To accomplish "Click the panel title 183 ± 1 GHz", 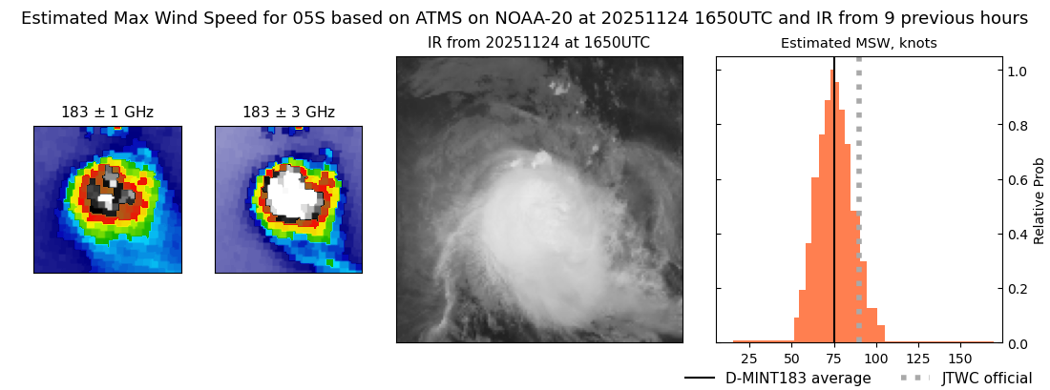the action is click(108, 113).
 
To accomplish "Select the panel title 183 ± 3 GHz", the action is click(288, 113).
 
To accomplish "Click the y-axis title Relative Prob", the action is click(1039, 201).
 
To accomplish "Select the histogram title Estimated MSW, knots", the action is click(859, 44).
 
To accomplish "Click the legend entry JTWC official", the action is click(988, 378).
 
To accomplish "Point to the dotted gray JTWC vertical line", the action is click(859, 200).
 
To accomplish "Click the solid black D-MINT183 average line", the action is click(834, 200).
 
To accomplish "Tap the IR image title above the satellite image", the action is click(539, 44).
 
